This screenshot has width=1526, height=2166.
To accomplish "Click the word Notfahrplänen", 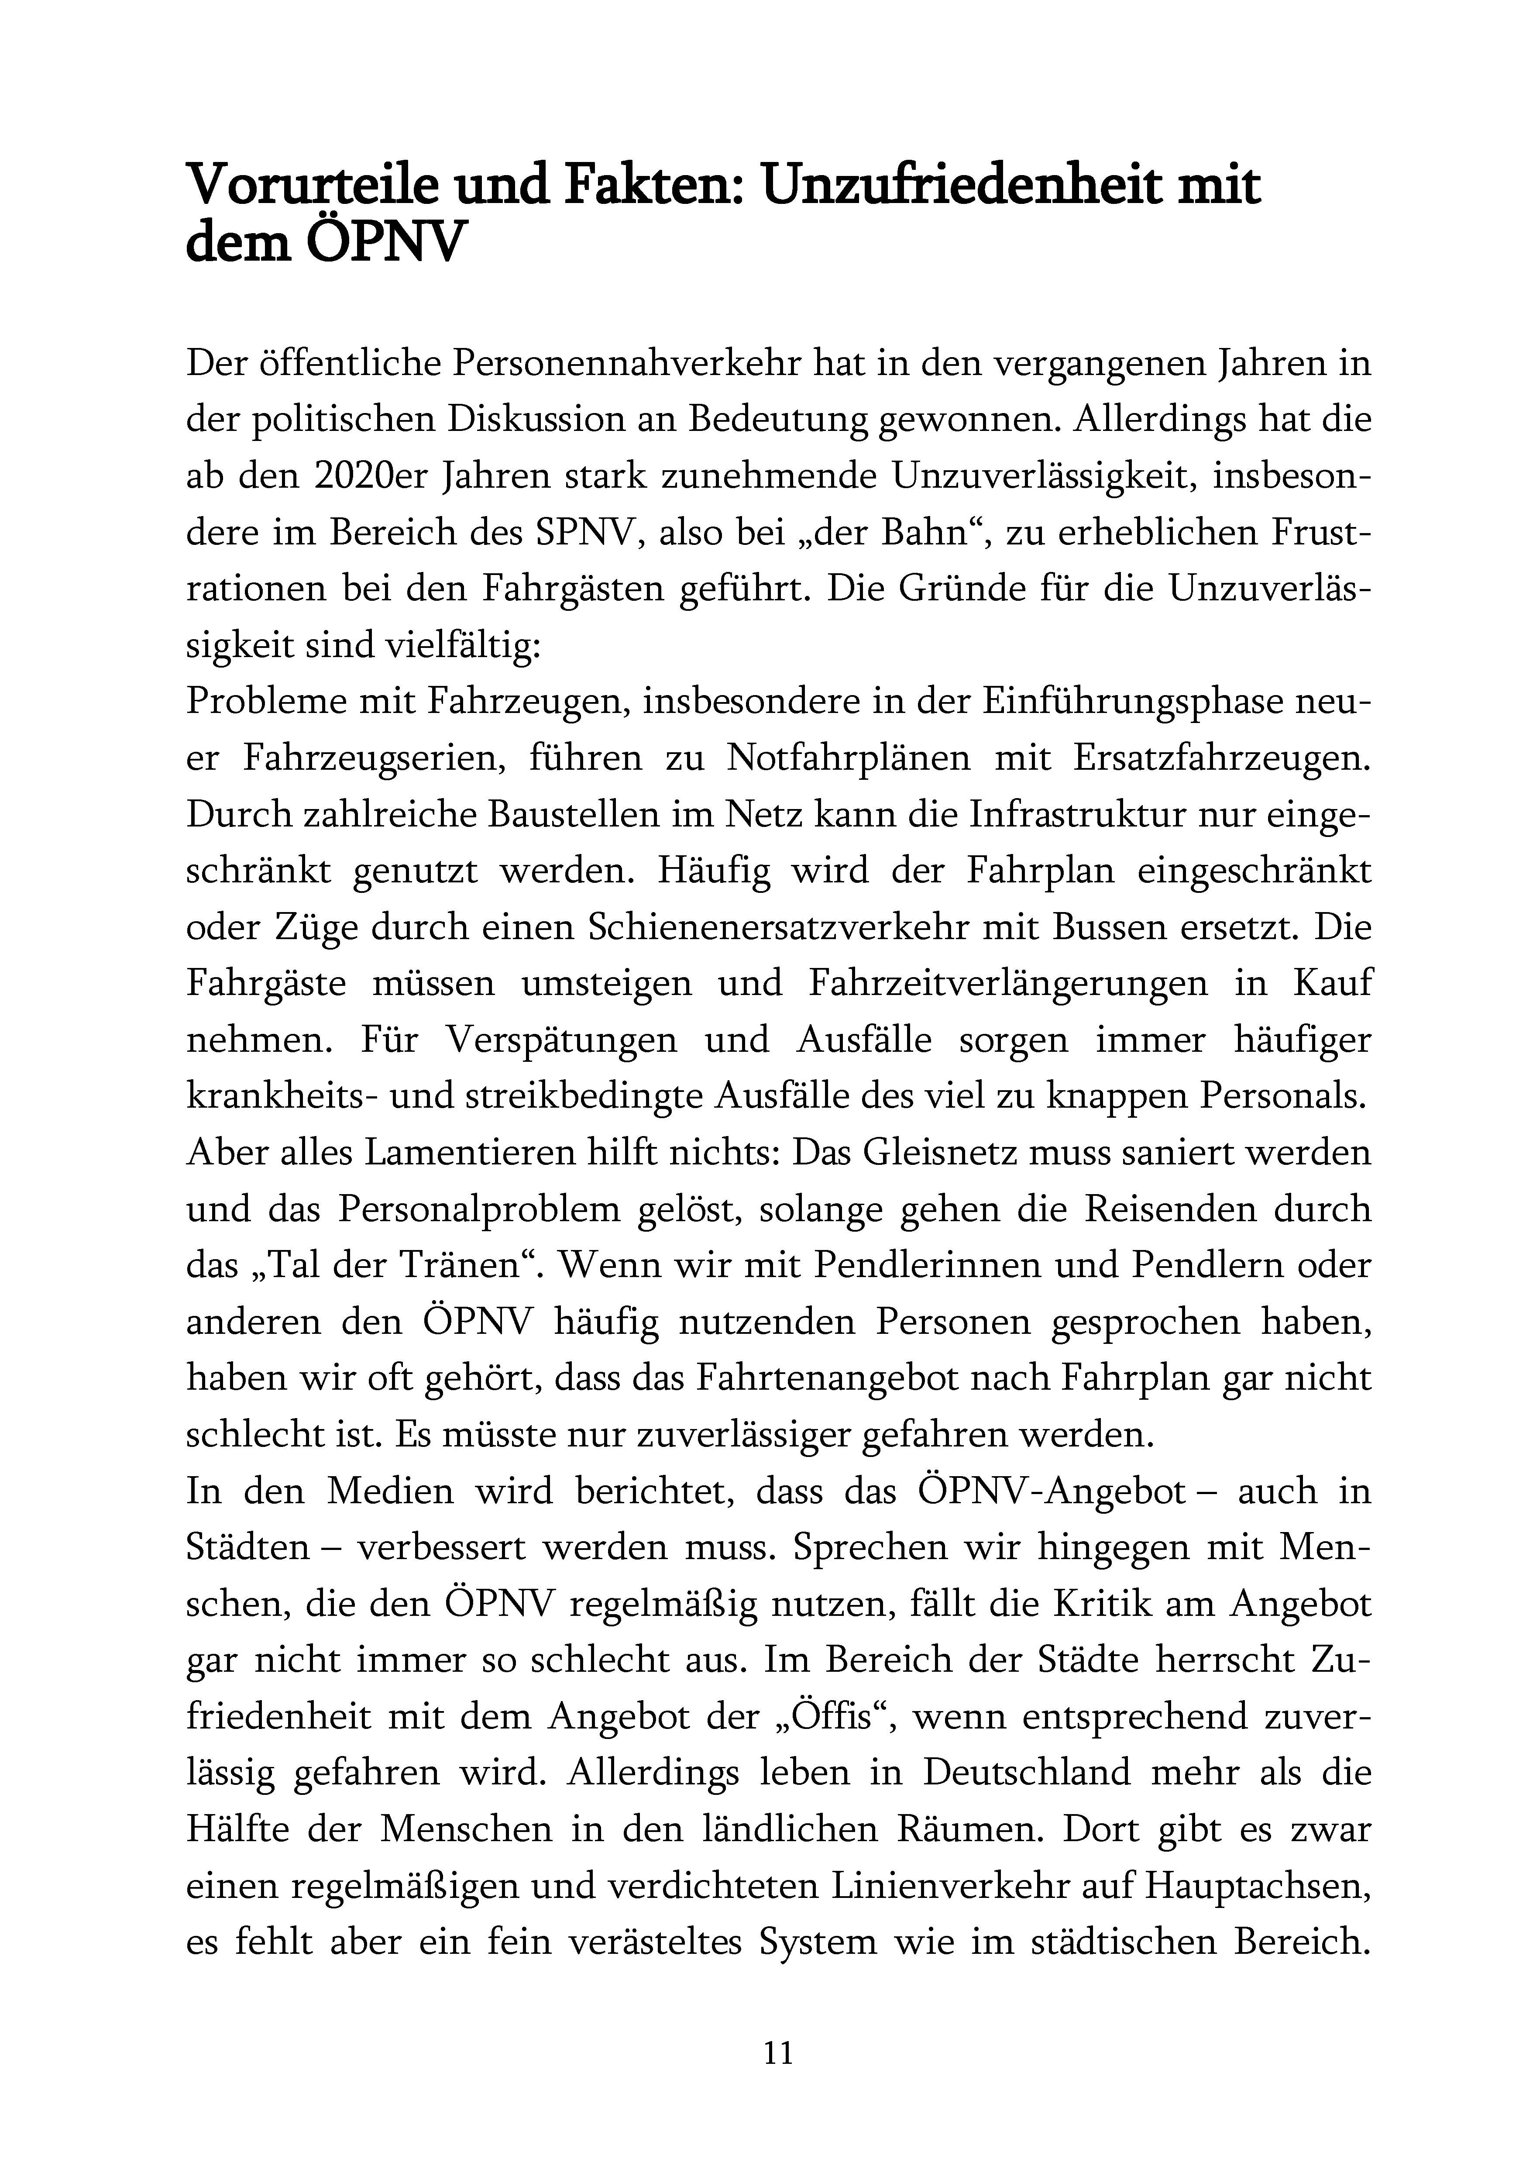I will (x=849, y=758).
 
